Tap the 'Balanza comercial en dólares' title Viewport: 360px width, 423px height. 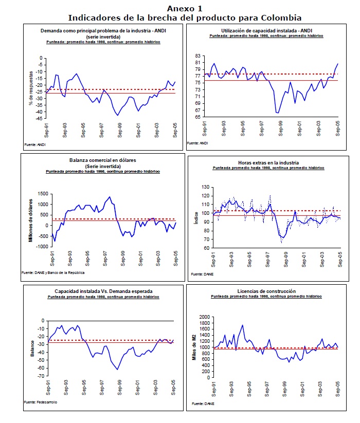(104, 160)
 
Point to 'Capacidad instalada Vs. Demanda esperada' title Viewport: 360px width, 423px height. (103, 291)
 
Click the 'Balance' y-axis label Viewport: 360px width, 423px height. (32, 348)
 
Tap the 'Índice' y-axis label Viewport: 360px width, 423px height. (196, 218)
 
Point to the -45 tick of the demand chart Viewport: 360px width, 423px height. (40, 119)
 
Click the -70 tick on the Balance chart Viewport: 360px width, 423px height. (41, 376)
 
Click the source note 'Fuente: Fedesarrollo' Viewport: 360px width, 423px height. (41, 402)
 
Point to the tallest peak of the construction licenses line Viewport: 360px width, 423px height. (242, 325)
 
